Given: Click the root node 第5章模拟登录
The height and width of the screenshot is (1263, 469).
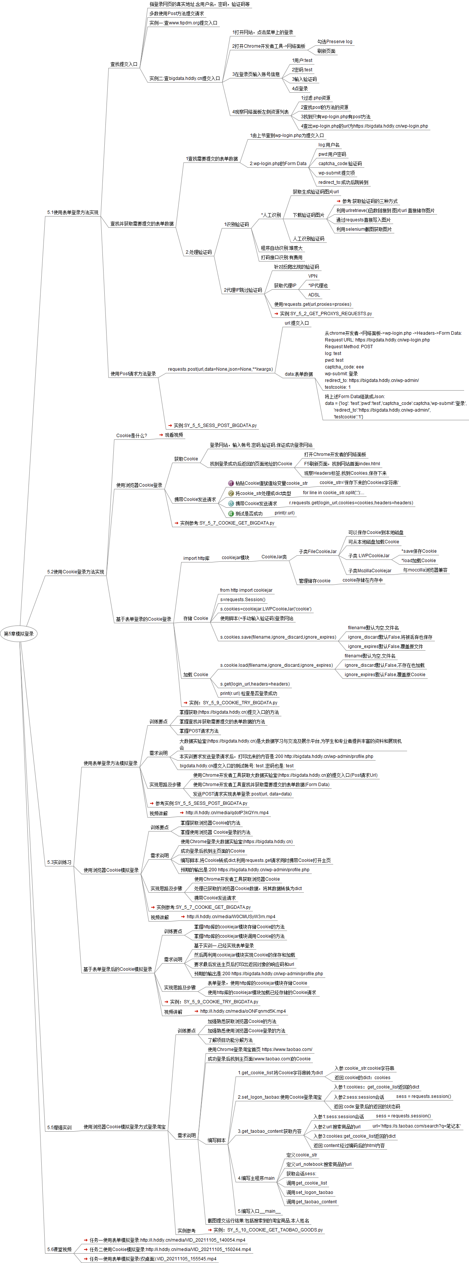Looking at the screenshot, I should tap(19, 633).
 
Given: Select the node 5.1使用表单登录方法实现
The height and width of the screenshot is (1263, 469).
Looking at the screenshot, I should tap(72, 212).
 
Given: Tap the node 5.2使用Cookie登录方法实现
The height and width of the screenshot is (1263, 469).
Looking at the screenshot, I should tap(75, 572).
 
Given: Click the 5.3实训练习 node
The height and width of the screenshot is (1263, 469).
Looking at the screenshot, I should tap(59, 862).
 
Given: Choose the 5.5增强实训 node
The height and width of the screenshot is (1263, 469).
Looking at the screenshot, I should tap(59, 1127).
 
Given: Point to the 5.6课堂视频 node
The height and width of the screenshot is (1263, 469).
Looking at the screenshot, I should tap(59, 1249).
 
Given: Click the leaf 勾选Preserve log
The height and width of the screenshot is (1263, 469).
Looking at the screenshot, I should tap(334, 42).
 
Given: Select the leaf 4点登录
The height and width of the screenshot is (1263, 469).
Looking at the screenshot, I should tap(299, 89).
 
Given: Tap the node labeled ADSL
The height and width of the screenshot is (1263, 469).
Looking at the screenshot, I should tap(314, 295).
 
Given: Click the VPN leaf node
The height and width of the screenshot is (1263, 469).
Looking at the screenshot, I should tap(313, 276).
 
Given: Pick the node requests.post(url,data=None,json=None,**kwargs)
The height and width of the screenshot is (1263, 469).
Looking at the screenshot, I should tap(220, 369).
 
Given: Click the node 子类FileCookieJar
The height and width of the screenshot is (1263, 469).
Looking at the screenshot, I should tap(317, 552).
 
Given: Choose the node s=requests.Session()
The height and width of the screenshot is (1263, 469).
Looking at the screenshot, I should tap(243, 599).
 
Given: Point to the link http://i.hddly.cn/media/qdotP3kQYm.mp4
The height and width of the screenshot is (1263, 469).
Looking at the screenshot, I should tap(227, 812).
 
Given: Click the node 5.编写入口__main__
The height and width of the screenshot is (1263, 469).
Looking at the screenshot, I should tap(259, 1210).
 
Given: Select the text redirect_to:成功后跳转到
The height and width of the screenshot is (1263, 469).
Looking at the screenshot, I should tap(343, 182).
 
